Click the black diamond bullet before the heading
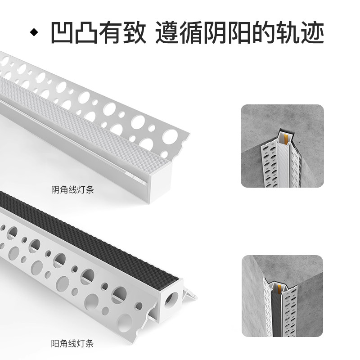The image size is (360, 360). click(x=32, y=33)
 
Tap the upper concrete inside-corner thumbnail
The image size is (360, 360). click(x=282, y=146)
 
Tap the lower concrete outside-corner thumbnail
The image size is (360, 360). click(x=282, y=297)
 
